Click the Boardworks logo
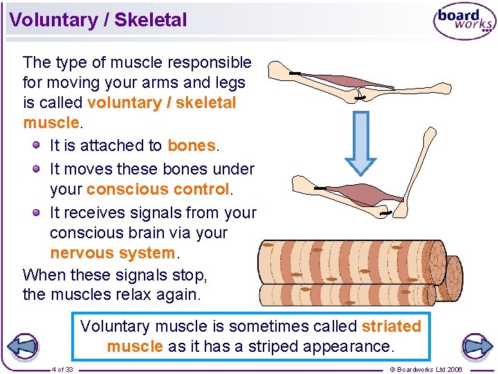(x=464, y=21)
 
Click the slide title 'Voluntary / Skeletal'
(x=98, y=20)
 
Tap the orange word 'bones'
(x=192, y=145)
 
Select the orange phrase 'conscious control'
(x=158, y=189)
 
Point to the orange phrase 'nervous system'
(x=113, y=253)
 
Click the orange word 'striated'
(x=391, y=326)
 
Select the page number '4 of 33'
(x=62, y=369)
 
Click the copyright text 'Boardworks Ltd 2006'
(x=426, y=369)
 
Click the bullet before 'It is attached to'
(x=37, y=145)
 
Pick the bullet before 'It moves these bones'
(x=37, y=168)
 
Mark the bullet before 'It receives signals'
(x=37, y=212)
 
